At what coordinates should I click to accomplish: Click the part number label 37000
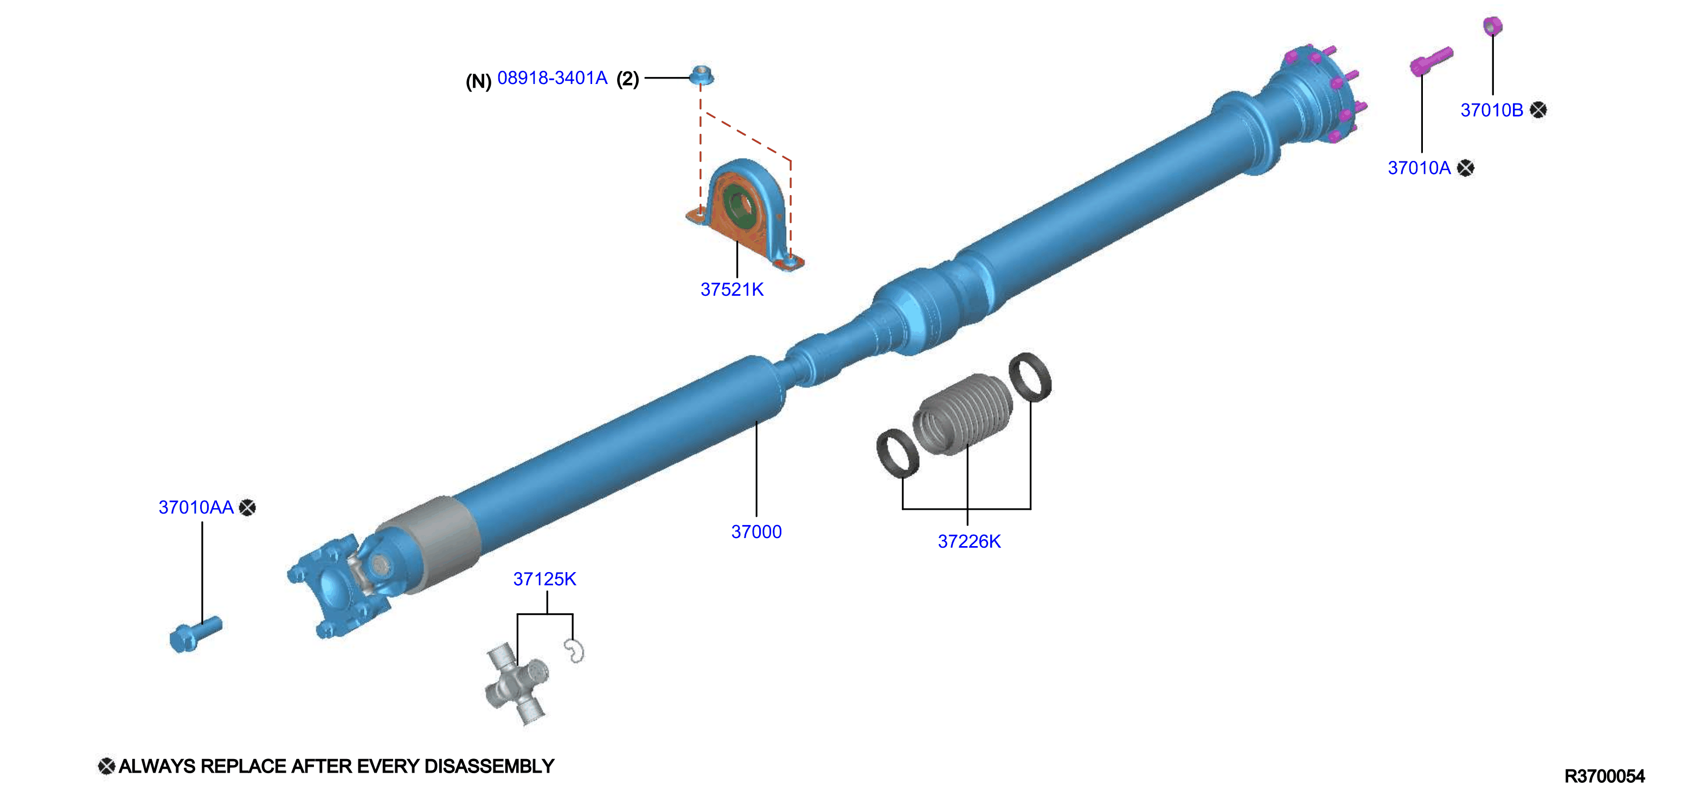coord(756,531)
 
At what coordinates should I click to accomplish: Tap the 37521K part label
coord(732,289)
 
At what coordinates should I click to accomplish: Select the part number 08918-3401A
coord(552,78)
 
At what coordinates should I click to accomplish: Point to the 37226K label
coord(969,541)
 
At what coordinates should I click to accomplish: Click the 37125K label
coord(545,579)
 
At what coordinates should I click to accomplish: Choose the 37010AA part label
coord(196,507)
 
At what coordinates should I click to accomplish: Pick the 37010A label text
coord(1419,168)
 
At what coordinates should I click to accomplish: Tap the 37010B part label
coord(1492,110)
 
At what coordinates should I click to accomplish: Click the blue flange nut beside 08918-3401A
coord(702,76)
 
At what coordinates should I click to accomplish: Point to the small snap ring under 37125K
coord(574,651)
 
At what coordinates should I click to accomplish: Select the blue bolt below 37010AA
coord(195,634)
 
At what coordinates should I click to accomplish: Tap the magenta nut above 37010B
coord(1492,26)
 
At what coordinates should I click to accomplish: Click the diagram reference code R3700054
coord(1605,776)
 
